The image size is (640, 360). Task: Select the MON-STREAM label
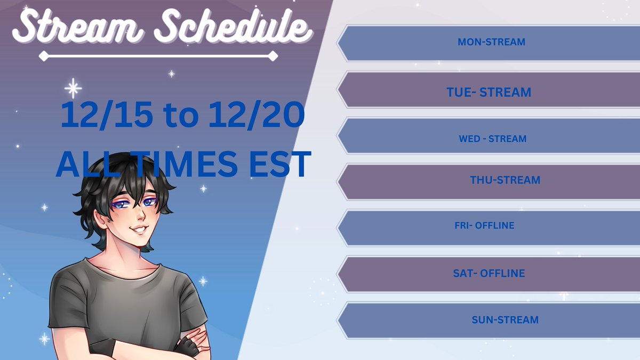[x=491, y=42]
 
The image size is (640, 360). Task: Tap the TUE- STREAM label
[x=489, y=92]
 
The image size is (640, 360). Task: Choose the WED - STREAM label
[x=492, y=139]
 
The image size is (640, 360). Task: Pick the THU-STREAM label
[x=505, y=180]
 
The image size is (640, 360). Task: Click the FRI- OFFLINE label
[x=484, y=226]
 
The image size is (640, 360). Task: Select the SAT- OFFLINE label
[x=489, y=274]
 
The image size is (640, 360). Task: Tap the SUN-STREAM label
[x=505, y=320]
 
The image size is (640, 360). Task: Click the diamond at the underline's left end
[x=43, y=55]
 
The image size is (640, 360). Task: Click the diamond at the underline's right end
[x=273, y=55]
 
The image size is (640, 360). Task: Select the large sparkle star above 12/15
[x=73, y=88]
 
